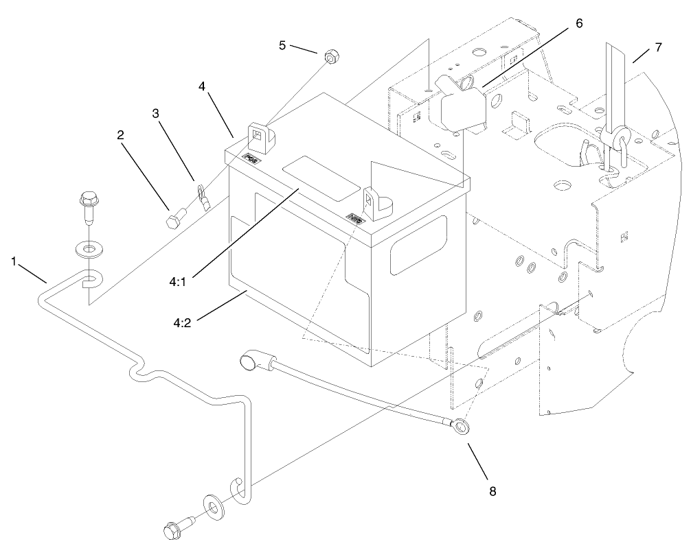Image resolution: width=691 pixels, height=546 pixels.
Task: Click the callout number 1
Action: [x=14, y=261]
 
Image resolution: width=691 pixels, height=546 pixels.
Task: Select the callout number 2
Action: [x=120, y=135]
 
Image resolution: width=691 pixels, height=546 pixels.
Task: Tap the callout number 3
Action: [x=156, y=114]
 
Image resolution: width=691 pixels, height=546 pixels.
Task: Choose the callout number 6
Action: [x=578, y=23]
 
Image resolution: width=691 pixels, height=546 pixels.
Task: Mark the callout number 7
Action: [x=658, y=47]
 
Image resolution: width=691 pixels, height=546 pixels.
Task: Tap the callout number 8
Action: [x=490, y=491]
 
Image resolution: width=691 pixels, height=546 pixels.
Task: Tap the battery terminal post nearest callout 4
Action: [x=261, y=137]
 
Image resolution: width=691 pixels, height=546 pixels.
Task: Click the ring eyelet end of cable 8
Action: [x=461, y=429]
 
